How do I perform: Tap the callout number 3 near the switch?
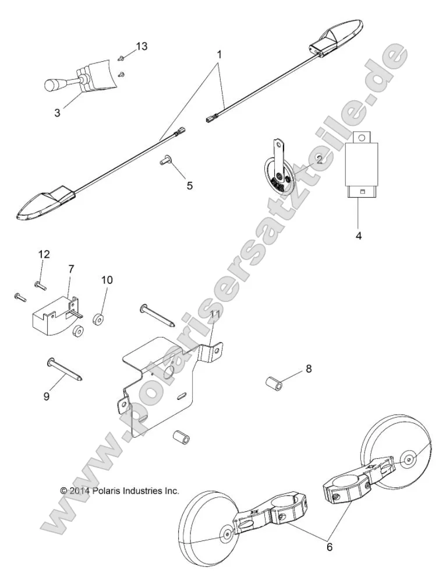click(x=57, y=113)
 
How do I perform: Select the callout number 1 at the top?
click(x=220, y=54)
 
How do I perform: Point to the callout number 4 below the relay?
click(x=359, y=236)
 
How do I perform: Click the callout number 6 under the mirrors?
click(x=330, y=547)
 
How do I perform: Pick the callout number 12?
click(x=44, y=254)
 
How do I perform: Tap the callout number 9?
click(x=47, y=396)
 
